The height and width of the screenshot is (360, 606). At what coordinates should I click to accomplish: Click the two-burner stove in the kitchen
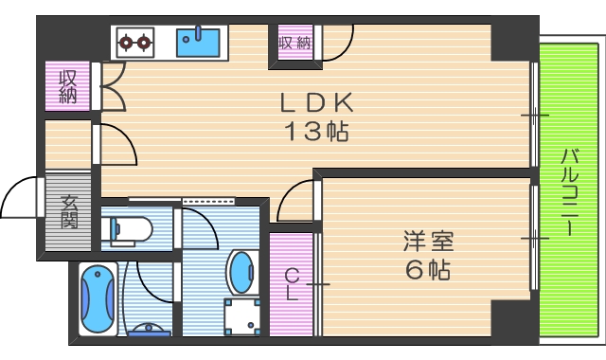click(x=134, y=42)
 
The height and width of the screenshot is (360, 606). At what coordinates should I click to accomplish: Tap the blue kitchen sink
click(x=199, y=42)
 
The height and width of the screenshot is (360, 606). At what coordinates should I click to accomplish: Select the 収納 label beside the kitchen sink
click(x=294, y=43)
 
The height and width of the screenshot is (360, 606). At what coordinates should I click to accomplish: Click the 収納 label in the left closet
click(x=67, y=86)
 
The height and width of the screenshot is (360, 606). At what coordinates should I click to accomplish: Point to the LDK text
click(x=316, y=102)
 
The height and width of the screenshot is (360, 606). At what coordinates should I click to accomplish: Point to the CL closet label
click(x=292, y=284)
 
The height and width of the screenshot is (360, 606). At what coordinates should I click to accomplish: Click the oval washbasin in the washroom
click(x=241, y=272)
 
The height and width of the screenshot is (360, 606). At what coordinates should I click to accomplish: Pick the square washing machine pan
click(x=241, y=315)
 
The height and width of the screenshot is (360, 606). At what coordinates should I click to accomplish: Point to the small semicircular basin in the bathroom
click(x=149, y=331)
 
